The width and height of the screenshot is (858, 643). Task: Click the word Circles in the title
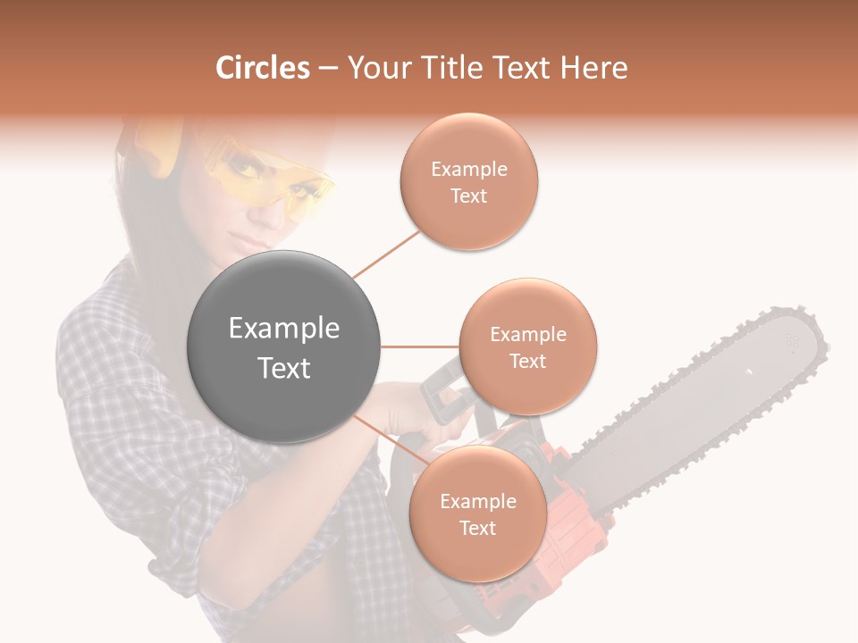(x=263, y=68)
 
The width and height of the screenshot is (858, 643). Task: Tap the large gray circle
(x=284, y=347)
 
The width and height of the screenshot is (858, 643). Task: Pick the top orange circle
(x=468, y=182)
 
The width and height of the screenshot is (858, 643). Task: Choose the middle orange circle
(x=527, y=347)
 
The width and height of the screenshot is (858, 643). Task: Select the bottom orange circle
(x=477, y=514)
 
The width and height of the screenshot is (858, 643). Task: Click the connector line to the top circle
(x=387, y=252)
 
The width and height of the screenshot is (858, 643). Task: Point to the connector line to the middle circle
(x=419, y=347)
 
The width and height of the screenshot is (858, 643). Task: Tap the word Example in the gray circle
(x=284, y=329)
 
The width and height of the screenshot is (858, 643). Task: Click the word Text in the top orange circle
(x=468, y=196)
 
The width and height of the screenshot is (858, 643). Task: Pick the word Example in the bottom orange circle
(x=477, y=501)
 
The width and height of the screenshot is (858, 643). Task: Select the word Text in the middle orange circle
(x=527, y=361)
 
